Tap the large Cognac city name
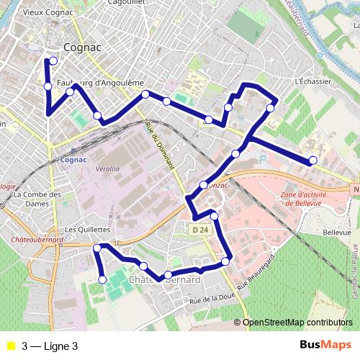[82, 47]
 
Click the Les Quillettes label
[86, 230]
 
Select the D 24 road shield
[201, 229]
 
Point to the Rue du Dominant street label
[160, 144]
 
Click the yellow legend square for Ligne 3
[11, 346]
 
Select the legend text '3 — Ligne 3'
[50, 346]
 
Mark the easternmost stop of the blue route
[313, 160]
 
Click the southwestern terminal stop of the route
[102, 279]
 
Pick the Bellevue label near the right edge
[337, 233]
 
